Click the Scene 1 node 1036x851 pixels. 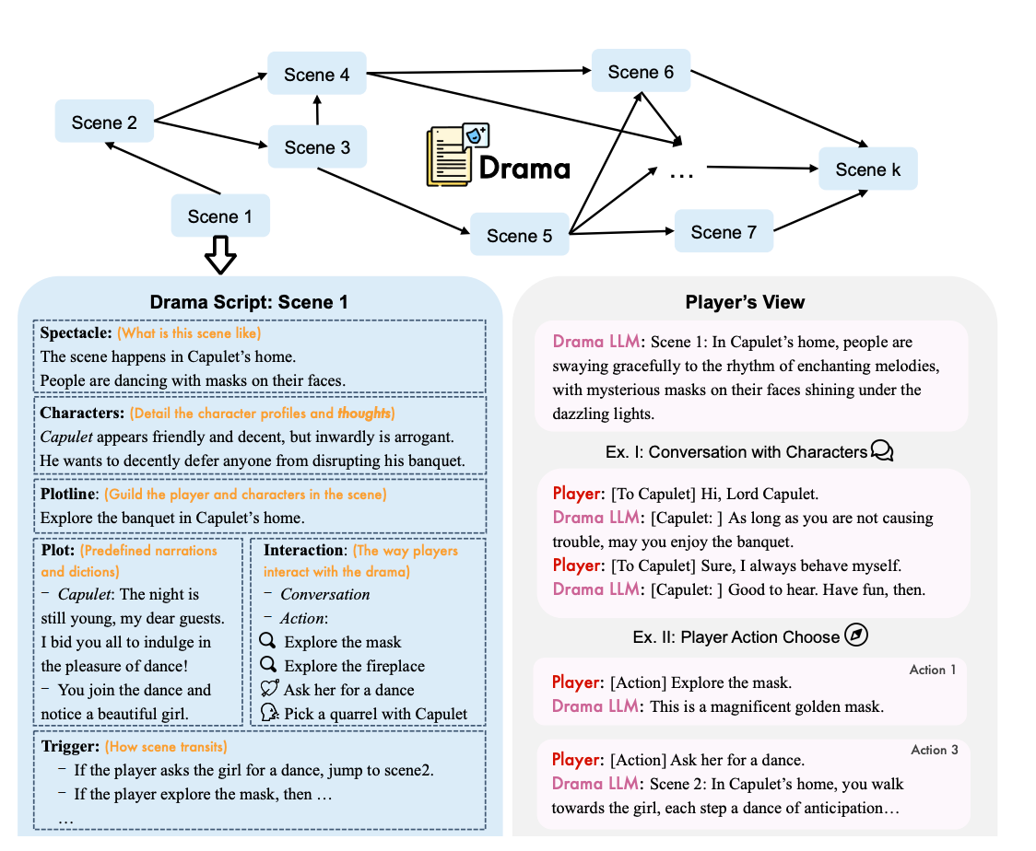pyautogui.click(x=219, y=216)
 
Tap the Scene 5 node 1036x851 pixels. pyautogui.click(x=519, y=236)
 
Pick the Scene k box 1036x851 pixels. pyautogui.click(x=868, y=169)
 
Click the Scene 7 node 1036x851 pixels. pyautogui.click(x=723, y=232)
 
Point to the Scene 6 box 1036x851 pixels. pyautogui.click(x=641, y=72)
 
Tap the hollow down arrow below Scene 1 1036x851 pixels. pyautogui.click(x=220, y=254)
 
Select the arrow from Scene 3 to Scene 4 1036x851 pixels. pyautogui.click(x=316, y=111)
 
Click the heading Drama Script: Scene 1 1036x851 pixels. pyautogui.click(x=249, y=302)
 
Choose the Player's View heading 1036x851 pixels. pyautogui.click(x=745, y=302)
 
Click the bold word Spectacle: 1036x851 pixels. pyautogui.click(x=76, y=332)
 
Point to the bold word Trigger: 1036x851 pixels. pyautogui.click(x=70, y=746)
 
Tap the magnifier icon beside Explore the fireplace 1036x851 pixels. pyautogui.click(x=269, y=665)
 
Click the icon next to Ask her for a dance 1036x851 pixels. pyautogui.click(x=269, y=689)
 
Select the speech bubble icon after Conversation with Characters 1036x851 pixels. pyautogui.click(x=882, y=451)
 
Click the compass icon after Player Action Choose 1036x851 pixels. pyautogui.click(x=856, y=636)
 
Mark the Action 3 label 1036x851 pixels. pyautogui.click(x=935, y=750)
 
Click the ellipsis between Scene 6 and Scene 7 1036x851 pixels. pyautogui.click(x=680, y=172)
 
